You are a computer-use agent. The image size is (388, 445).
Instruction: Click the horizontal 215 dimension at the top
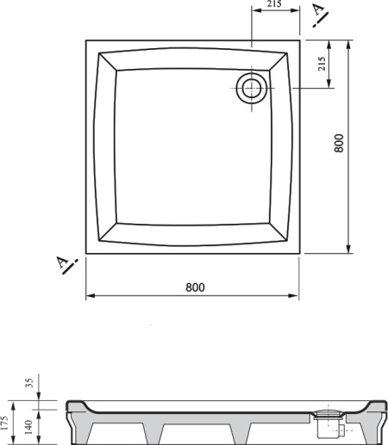(275, 4)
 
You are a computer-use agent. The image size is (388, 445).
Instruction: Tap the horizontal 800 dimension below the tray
(195, 287)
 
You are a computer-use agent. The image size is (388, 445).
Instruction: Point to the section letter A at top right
(319, 11)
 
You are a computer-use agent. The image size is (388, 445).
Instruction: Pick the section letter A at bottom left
(63, 263)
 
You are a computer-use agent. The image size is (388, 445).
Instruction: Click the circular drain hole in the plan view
(252, 88)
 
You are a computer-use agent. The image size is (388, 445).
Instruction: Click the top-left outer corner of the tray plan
(85, 38)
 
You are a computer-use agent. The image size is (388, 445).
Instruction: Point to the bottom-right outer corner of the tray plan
(303, 254)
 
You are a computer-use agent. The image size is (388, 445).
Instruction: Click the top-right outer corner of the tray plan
(303, 38)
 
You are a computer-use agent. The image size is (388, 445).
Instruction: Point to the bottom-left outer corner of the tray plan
(85, 254)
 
